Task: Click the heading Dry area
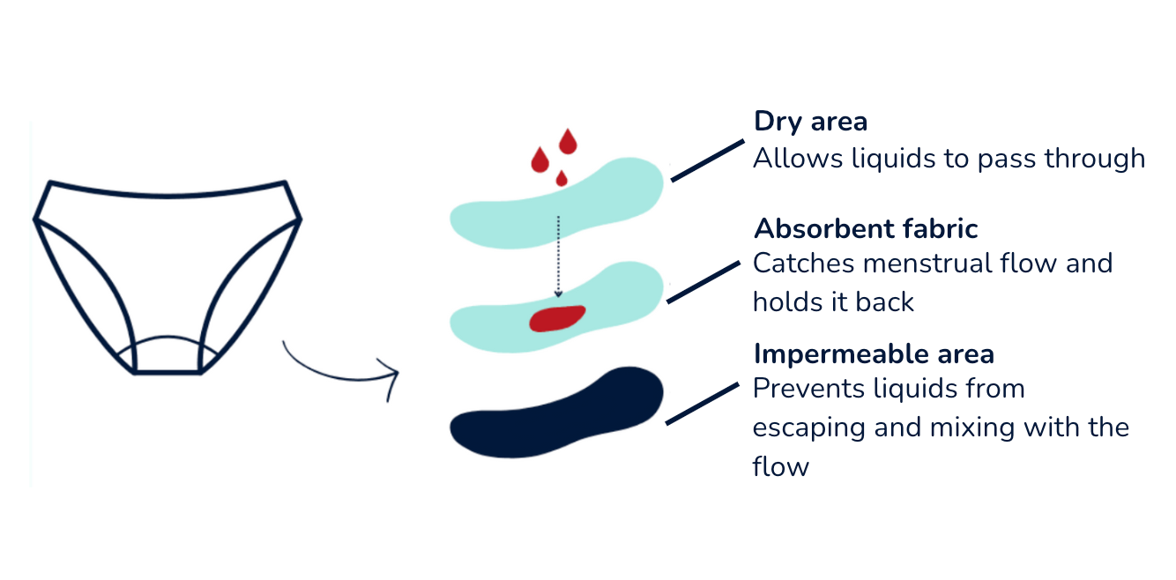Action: click(x=810, y=122)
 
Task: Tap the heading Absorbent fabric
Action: click(x=866, y=229)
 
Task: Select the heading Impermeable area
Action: click(x=874, y=354)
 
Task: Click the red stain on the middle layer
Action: click(x=557, y=317)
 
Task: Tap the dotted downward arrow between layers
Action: click(x=557, y=256)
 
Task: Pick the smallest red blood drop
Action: click(x=561, y=178)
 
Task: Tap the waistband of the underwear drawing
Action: click(x=168, y=191)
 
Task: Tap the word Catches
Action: click(x=803, y=263)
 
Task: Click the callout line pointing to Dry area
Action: click(x=708, y=160)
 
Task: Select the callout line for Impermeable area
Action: click(x=702, y=404)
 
